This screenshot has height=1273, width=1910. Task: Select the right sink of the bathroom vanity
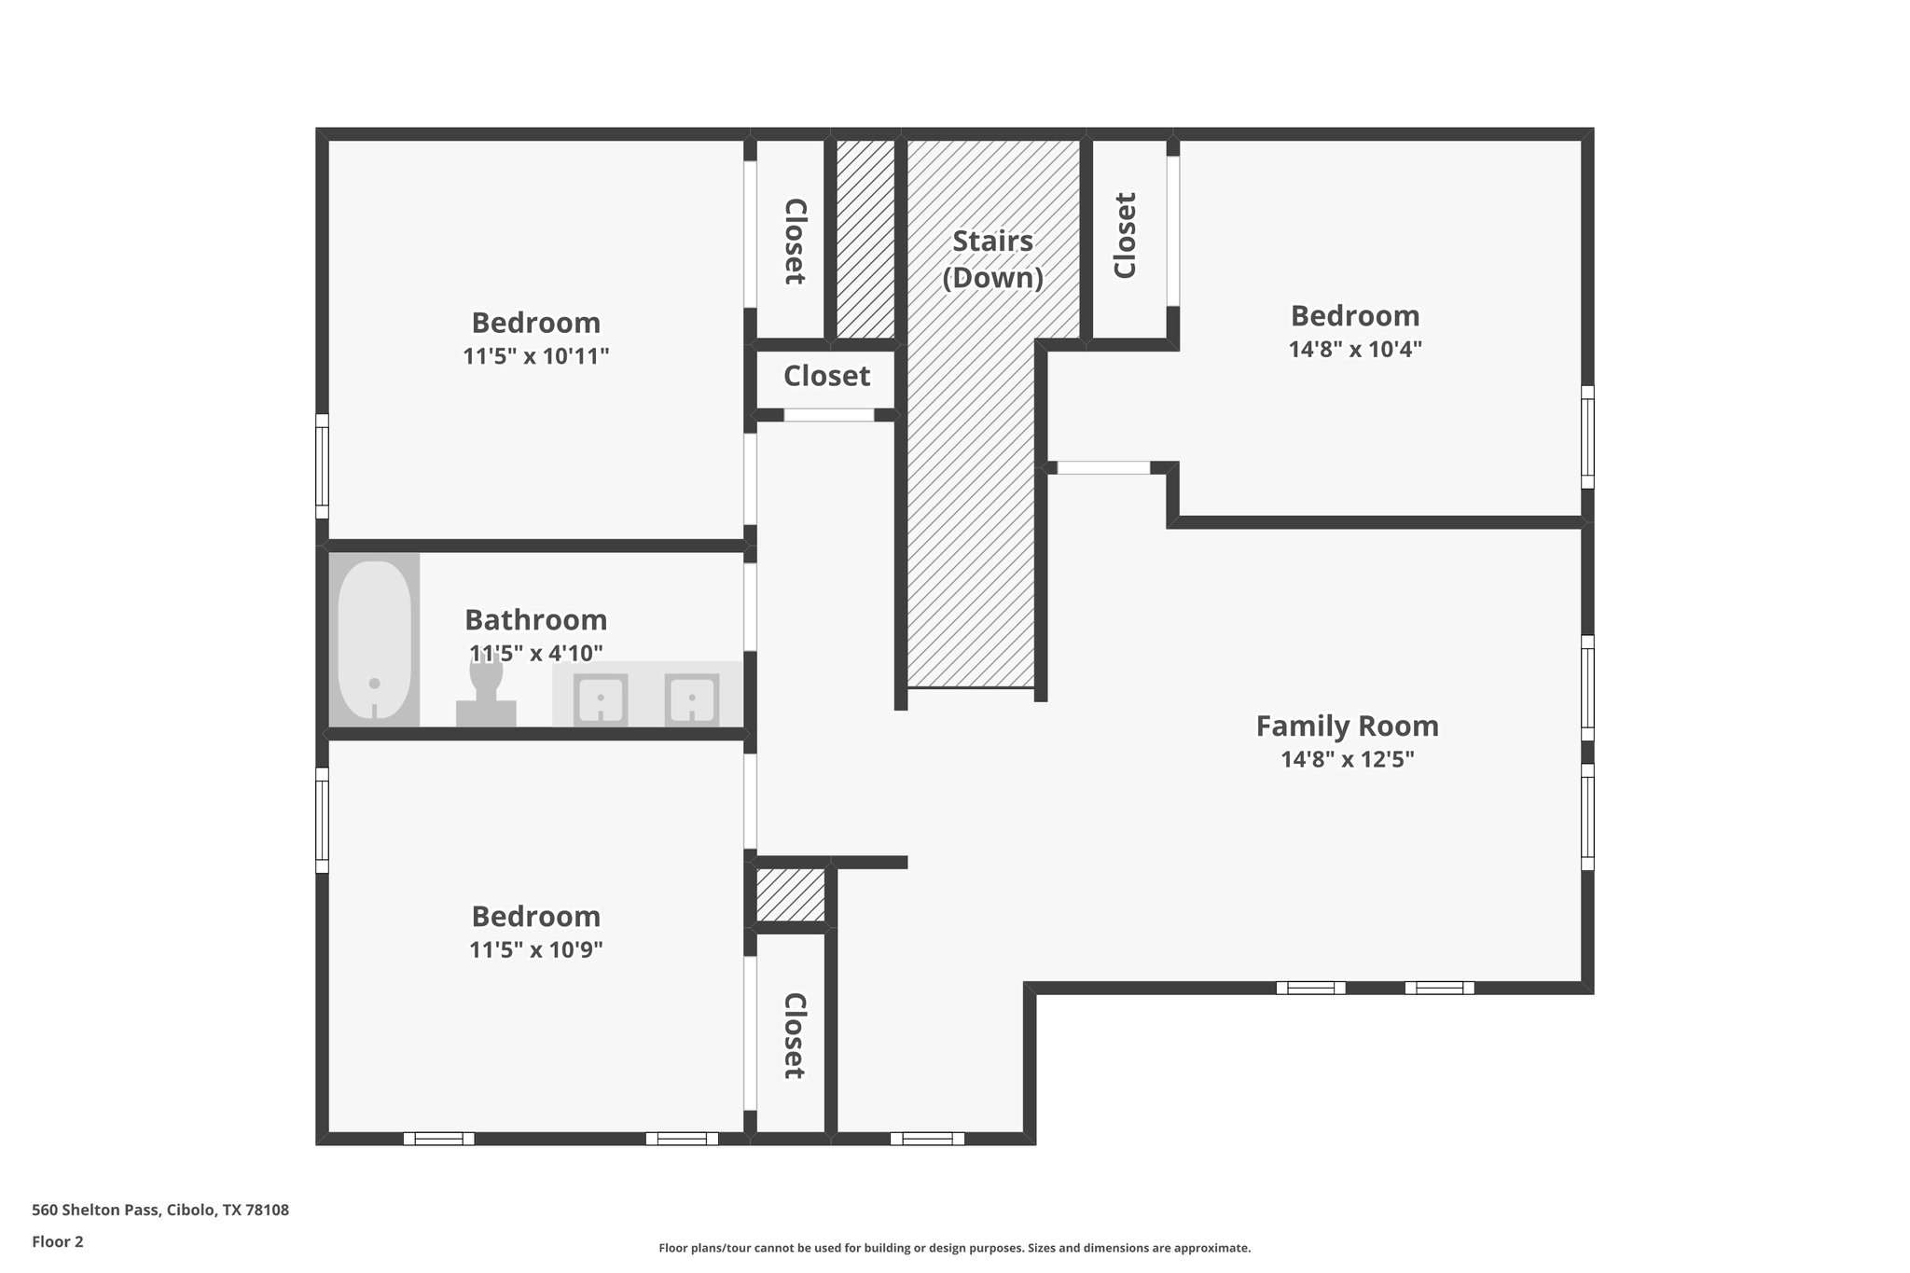tap(692, 699)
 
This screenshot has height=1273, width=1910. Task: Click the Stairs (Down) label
tap(992, 259)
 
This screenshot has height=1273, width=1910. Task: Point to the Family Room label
tap(1347, 726)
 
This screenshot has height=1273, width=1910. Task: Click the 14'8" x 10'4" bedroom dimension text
tap(1354, 350)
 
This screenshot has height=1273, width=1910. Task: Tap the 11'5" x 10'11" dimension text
tap(535, 356)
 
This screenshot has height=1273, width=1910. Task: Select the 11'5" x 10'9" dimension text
tap(535, 950)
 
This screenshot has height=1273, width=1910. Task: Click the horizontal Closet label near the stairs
tap(826, 376)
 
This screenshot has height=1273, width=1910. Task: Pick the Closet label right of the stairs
tap(1126, 235)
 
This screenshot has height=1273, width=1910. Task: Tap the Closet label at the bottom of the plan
tap(793, 1035)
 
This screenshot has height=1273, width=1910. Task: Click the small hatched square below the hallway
tap(790, 894)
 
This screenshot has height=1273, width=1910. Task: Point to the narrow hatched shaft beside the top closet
tap(865, 239)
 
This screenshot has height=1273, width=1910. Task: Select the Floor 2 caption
tap(58, 1241)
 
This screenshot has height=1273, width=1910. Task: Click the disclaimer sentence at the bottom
tap(954, 1248)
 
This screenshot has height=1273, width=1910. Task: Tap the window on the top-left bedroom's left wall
tap(322, 466)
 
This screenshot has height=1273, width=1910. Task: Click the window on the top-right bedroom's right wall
tap(1587, 436)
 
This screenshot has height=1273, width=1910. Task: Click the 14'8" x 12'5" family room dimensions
tap(1347, 760)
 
